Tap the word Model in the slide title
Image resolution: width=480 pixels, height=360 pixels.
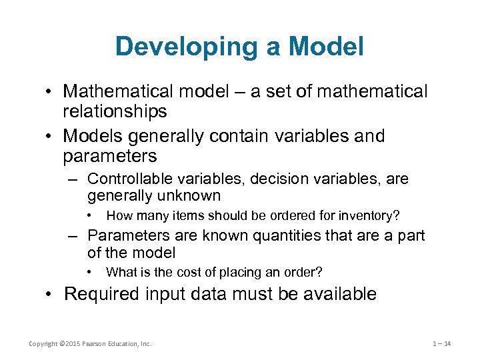pos(325,47)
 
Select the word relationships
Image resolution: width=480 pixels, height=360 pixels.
pos(115,111)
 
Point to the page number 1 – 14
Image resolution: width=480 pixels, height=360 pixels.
pos(441,344)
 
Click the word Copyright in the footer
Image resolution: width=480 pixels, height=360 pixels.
pos(42,344)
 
